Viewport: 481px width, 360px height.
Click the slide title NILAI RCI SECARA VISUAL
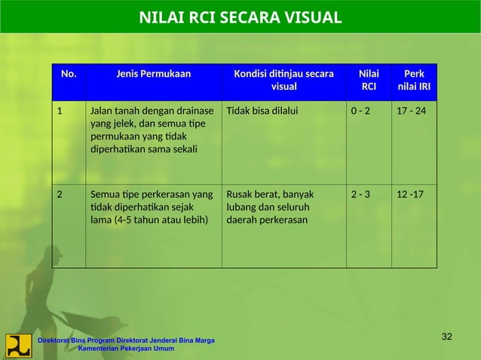(x=240, y=17)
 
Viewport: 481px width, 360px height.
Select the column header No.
(x=68, y=74)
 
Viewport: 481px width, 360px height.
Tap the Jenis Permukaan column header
(x=153, y=74)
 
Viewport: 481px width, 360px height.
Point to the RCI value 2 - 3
(x=360, y=194)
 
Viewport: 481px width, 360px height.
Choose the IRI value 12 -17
(x=410, y=194)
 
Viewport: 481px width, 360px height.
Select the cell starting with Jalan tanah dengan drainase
(x=152, y=131)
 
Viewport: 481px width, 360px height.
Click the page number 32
(x=446, y=336)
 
